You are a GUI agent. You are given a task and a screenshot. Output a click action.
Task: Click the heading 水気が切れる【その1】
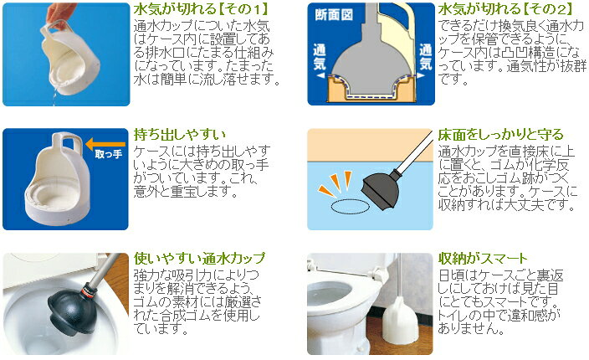click(202, 9)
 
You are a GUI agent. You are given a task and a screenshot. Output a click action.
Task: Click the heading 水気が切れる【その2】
click(505, 9)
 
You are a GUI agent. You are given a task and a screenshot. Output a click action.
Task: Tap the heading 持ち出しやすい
click(180, 135)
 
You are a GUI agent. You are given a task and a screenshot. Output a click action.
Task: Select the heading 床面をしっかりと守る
click(500, 135)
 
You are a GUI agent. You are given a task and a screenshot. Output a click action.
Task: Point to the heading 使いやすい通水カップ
click(199, 259)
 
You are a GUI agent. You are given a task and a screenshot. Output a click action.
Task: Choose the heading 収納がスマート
click(483, 259)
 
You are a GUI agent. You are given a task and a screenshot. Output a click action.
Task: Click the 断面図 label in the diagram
click(334, 15)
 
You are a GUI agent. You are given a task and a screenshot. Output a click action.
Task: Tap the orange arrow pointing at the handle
click(105, 144)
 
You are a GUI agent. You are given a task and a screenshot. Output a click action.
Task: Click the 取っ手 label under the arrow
click(109, 154)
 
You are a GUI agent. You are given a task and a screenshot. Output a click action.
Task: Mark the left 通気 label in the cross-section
click(320, 57)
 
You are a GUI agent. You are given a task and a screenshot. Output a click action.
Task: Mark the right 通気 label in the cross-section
click(426, 57)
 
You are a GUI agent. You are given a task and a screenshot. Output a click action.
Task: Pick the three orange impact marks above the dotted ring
click(335, 183)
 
